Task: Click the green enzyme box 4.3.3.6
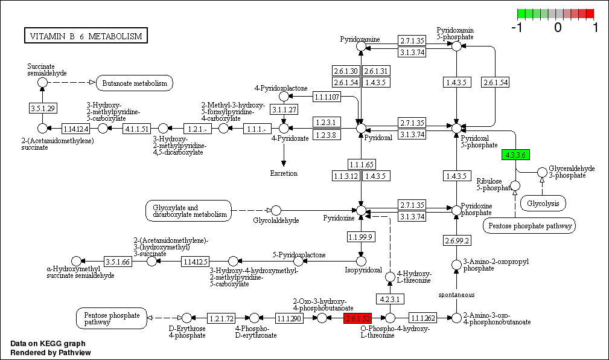(515, 155)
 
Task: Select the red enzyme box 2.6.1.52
(357, 318)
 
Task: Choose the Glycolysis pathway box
(544, 204)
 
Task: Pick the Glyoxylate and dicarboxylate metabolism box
(188, 210)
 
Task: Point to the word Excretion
(284, 174)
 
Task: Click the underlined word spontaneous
(456, 295)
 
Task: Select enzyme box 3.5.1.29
(42, 108)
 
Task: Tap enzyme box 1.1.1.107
(327, 97)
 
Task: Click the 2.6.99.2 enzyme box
(456, 241)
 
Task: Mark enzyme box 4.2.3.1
(390, 299)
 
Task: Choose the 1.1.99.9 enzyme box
(361, 236)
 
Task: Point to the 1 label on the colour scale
(596, 27)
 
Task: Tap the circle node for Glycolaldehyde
(276, 210)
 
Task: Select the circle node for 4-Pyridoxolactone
(284, 97)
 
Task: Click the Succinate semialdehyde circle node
(42, 82)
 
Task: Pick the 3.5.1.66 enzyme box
(118, 262)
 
